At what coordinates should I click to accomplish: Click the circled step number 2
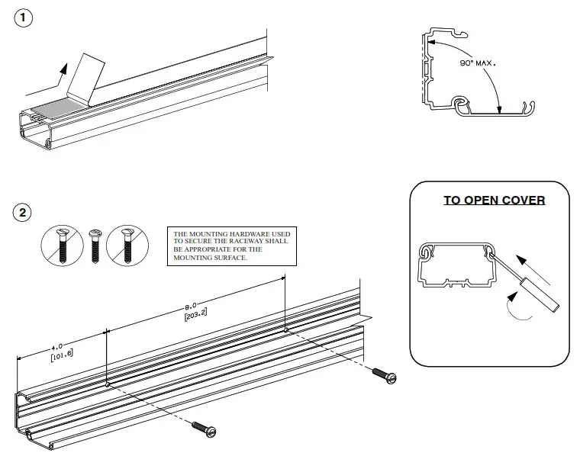[24, 212]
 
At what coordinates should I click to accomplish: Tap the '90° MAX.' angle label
[477, 64]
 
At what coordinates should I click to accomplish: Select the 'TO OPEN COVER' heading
[494, 201]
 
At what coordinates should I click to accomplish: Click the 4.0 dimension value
[57, 346]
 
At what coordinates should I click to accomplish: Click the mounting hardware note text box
[232, 246]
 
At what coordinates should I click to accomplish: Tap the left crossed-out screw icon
[61, 246]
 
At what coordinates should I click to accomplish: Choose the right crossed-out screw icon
[126, 246]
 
